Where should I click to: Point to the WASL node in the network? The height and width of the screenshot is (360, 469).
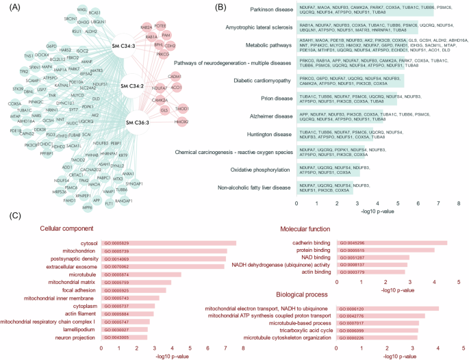tap(82, 10)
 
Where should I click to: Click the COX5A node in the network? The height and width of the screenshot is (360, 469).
tap(14, 103)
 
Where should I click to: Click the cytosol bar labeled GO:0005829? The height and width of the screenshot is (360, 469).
tap(168, 242)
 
